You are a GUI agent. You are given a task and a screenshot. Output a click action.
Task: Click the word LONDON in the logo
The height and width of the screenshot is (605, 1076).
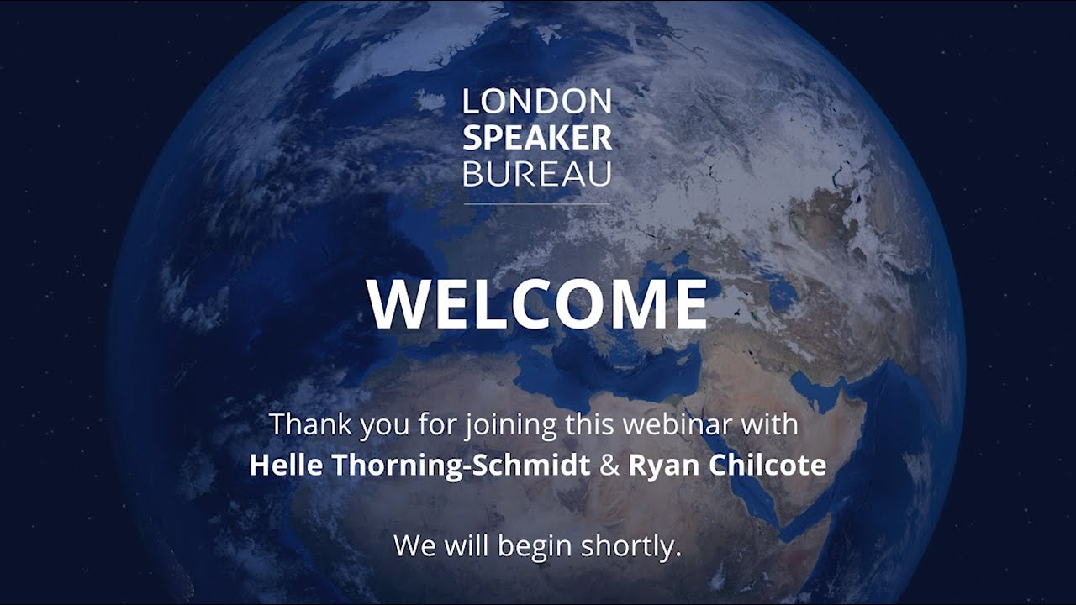pos(537,102)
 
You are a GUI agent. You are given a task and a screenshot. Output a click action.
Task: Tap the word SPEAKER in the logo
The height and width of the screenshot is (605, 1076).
pos(537,138)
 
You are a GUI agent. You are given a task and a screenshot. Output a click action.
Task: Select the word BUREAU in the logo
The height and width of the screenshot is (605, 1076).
pos(537,174)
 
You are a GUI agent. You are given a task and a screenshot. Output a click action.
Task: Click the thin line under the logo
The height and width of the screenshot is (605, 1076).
pos(537,203)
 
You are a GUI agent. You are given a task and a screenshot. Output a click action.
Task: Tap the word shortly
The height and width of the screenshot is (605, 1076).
pos(631,547)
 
